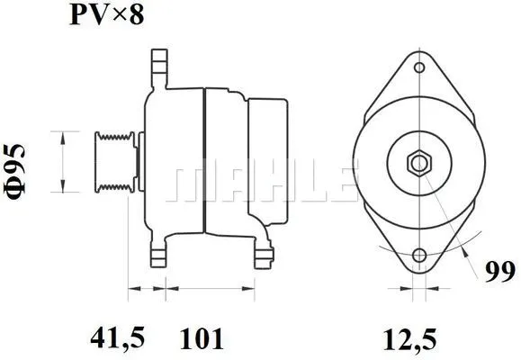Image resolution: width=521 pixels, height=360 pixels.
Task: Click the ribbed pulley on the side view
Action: point(116,162)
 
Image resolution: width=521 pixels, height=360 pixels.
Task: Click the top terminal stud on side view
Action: point(159,66)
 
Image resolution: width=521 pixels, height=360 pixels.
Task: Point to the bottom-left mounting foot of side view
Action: point(160,255)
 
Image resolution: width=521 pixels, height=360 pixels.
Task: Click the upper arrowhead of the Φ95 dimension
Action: point(64,136)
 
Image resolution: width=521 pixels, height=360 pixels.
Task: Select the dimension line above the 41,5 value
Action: point(148,289)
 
